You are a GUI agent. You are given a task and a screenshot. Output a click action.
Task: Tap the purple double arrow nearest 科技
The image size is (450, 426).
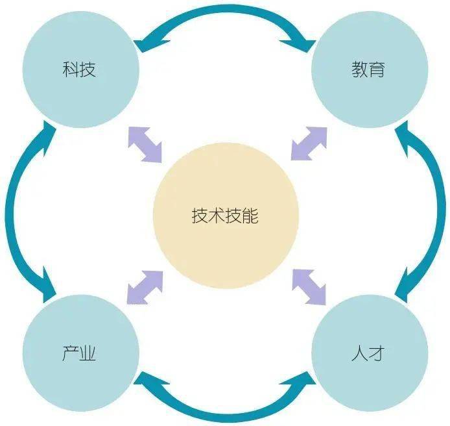click(x=145, y=144)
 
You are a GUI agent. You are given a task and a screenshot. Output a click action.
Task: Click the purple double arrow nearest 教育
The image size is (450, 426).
click(x=309, y=143)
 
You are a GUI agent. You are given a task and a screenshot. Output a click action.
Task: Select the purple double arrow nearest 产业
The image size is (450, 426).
click(x=145, y=286)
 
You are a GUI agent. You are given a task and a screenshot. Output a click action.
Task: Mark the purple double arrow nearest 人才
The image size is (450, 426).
click(x=309, y=286)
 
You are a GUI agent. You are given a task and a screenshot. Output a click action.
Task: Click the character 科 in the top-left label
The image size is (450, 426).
click(x=71, y=69)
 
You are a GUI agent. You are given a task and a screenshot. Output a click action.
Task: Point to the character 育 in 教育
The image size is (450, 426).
click(x=377, y=69)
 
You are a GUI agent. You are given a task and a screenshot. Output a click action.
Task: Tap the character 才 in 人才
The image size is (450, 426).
click(x=377, y=355)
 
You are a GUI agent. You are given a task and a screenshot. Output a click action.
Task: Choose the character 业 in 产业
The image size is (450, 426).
click(x=89, y=355)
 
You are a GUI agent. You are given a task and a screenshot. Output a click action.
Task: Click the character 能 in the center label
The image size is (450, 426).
click(x=250, y=216)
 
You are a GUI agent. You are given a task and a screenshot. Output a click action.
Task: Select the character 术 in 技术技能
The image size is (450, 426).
click(x=217, y=216)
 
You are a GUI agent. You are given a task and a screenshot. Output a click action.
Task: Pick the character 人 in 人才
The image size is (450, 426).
click(x=360, y=355)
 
